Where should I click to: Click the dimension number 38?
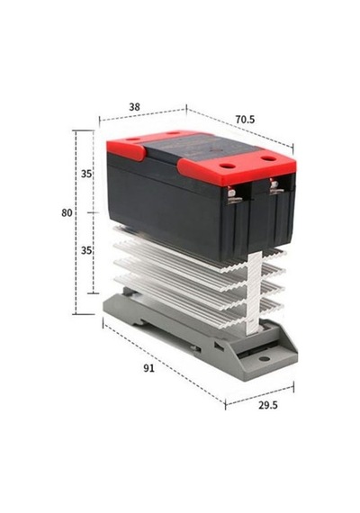pyautogui.click(x=134, y=107)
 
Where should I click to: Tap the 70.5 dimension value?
pyautogui.click(x=245, y=120)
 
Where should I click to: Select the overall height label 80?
pyautogui.click(x=67, y=213)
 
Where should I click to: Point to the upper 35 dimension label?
pyautogui.click(x=86, y=174)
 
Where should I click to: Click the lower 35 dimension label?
pyautogui.click(x=86, y=250)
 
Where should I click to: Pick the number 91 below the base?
pyautogui.click(x=148, y=368)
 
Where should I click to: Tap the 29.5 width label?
pyautogui.click(x=268, y=405)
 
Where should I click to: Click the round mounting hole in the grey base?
pyautogui.click(x=264, y=359)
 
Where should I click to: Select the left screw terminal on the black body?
pyautogui.click(x=233, y=195)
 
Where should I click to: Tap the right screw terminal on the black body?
pyautogui.click(x=275, y=188)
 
